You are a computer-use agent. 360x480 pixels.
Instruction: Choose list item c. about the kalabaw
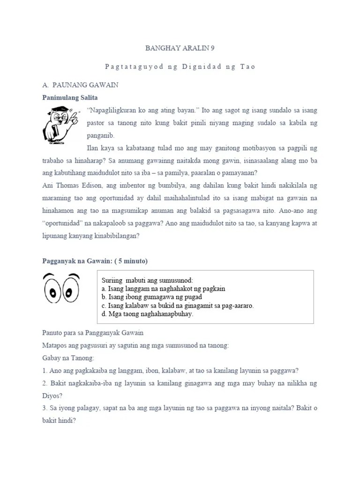tap(177, 305)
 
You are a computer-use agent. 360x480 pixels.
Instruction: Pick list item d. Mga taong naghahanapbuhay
tap(147, 314)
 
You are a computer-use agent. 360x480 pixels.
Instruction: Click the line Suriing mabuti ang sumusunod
tap(147, 280)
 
